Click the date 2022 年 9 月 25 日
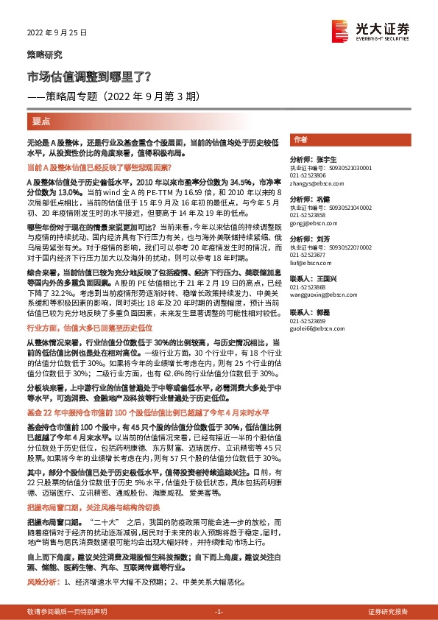[x=57, y=33]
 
